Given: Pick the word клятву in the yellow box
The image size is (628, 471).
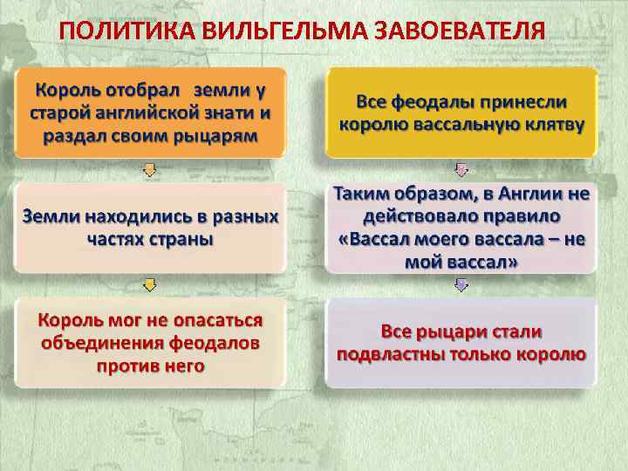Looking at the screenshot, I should (551, 124).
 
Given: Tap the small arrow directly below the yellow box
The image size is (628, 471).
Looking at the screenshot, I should (461, 169).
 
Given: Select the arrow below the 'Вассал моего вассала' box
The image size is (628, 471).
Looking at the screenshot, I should (461, 284).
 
